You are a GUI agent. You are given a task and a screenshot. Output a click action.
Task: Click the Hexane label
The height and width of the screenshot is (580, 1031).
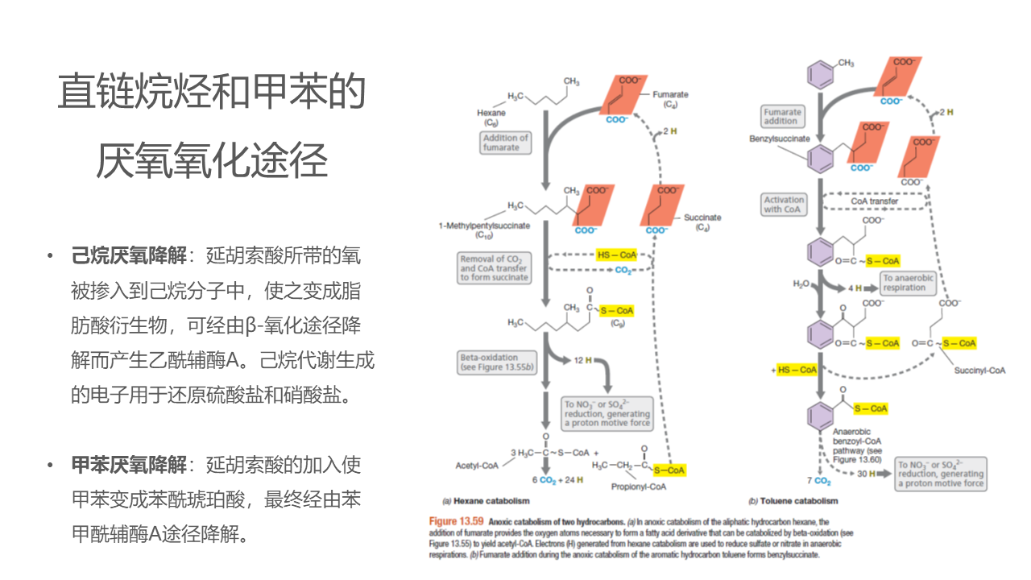[491, 114]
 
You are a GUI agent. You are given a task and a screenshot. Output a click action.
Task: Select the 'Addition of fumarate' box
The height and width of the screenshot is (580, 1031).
[505, 143]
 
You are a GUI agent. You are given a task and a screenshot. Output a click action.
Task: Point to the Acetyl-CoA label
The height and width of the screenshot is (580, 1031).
[477, 466]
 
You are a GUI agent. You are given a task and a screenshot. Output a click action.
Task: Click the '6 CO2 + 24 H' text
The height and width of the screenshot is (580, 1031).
[557, 480]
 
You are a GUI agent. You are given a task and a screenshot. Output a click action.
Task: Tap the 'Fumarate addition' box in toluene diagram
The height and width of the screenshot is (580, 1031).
[782, 117]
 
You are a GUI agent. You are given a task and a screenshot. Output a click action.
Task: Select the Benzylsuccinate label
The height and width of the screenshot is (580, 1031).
[779, 139]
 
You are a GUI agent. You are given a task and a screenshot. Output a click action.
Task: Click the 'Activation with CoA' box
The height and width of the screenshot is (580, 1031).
[784, 205]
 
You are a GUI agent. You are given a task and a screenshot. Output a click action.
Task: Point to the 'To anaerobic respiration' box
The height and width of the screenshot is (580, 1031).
[908, 283]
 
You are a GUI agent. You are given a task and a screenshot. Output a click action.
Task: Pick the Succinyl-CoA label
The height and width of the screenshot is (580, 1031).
[979, 371]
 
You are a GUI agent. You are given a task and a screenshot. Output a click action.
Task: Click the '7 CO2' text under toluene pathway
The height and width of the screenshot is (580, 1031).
[818, 481]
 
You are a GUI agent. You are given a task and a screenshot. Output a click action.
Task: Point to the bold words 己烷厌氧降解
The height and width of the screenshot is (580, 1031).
[129, 256]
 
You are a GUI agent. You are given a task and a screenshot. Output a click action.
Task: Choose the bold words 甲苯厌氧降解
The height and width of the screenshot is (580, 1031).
[129, 466]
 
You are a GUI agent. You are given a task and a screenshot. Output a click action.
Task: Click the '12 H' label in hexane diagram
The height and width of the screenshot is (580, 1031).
[583, 359]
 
